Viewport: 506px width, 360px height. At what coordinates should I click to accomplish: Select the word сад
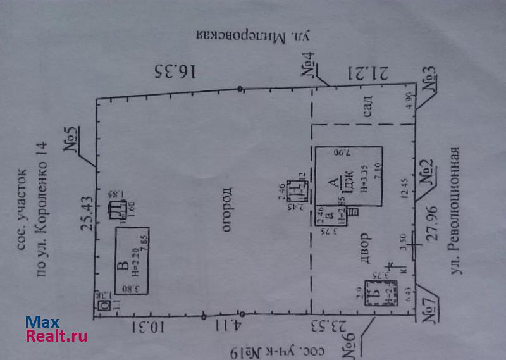click(368, 108)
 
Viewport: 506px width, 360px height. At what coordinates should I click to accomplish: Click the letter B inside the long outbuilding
click(125, 266)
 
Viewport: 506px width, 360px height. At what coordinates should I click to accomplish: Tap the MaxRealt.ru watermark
click(56, 329)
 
